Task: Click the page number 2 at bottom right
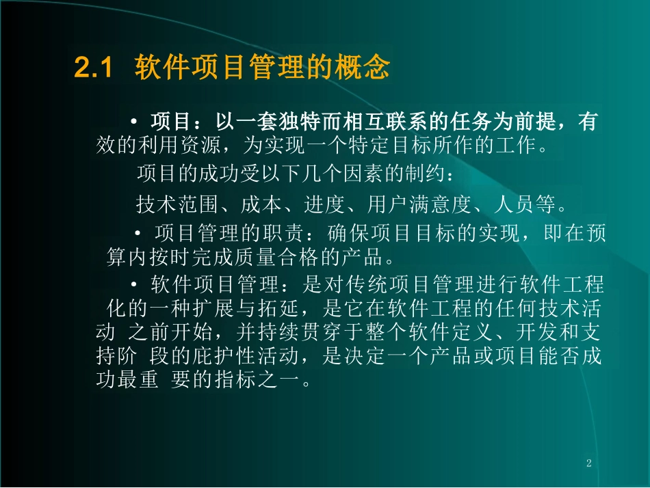tap(588, 464)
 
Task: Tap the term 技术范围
tap(174, 204)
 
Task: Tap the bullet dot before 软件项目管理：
tap(134, 285)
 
